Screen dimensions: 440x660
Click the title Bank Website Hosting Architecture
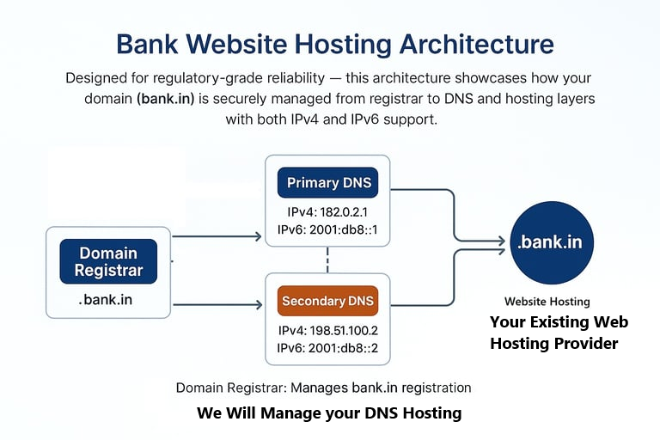pyautogui.click(x=334, y=44)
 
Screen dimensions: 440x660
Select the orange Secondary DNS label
pyautogui.click(x=327, y=302)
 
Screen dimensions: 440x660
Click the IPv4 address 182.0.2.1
pyautogui.click(x=327, y=211)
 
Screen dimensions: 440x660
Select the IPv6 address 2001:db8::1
pyautogui.click(x=327, y=229)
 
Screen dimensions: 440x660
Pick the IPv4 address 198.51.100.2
pyautogui.click(x=327, y=330)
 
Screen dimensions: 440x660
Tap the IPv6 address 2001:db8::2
pyautogui.click(x=327, y=348)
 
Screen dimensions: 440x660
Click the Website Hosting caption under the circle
pyautogui.click(x=547, y=302)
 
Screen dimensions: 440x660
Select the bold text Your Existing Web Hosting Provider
pyautogui.click(x=559, y=333)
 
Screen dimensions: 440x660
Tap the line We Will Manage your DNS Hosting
pyautogui.click(x=329, y=413)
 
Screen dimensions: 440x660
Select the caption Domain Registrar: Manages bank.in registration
pyautogui.click(x=323, y=388)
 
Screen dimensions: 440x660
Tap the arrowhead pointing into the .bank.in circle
pyautogui.click(x=498, y=242)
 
